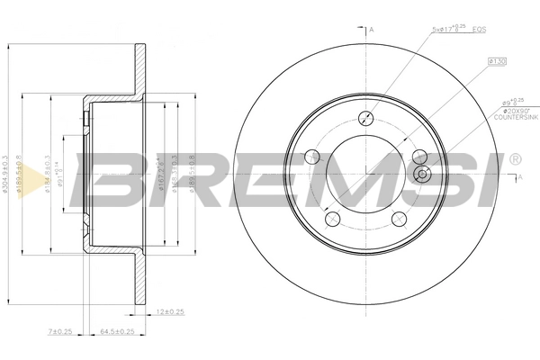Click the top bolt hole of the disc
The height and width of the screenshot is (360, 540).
coord(366,118)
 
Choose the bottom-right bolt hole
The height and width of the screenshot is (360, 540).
coord(398,218)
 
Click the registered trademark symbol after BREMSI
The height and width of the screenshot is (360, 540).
coord(514,160)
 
